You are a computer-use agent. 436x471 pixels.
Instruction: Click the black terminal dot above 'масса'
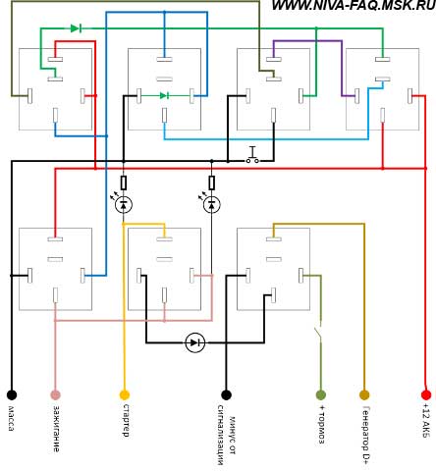pyautogui.click(x=12, y=394)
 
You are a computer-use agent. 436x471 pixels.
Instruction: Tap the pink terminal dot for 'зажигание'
pyautogui.click(x=55, y=394)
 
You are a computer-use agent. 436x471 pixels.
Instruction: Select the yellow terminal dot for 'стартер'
pyautogui.click(x=125, y=394)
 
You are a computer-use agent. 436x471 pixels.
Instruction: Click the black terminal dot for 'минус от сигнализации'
pyautogui.click(x=226, y=394)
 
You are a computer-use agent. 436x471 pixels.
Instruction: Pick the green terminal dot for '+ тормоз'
pyautogui.click(x=321, y=394)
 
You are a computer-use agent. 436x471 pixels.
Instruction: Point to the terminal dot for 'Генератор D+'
pyautogui.click(x=364, y=394)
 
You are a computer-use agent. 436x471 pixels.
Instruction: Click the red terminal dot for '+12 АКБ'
pyautogui.click(x=426, y=394)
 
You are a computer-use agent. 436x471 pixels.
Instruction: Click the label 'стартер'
pyautogui.click(x=125, y=420)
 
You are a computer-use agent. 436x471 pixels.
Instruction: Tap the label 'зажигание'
pyautogui.click(x=56, y=429)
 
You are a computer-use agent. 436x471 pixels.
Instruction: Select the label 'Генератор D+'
pyautogui.click(x=365, y=435)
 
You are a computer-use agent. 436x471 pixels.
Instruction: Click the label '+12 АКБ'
pyautogui.click(x=425, y=420)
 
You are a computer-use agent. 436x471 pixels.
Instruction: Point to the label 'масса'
pyautogui.click(x=11, y=418)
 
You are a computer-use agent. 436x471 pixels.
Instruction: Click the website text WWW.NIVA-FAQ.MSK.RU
pyautogui.click(x=354, y=5)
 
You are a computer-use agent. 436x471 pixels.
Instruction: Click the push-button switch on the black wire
pyautogui.click(x=252, y=155)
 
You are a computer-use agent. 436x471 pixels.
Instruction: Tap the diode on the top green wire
pyautogui.click(x=76, y=28)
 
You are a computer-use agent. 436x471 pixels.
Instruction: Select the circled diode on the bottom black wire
pyautogui.click(x=195, y=342)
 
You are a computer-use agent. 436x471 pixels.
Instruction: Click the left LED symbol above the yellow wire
pyautogui.click(x=123, y=204)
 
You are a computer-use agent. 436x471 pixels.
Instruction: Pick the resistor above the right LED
pyautogui.click(x=212, y=183)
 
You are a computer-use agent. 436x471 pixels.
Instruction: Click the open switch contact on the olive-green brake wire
pyautogui.click(x=318, y=335)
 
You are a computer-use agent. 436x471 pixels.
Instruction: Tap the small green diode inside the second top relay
pyautogui.click(x=164, y=95)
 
